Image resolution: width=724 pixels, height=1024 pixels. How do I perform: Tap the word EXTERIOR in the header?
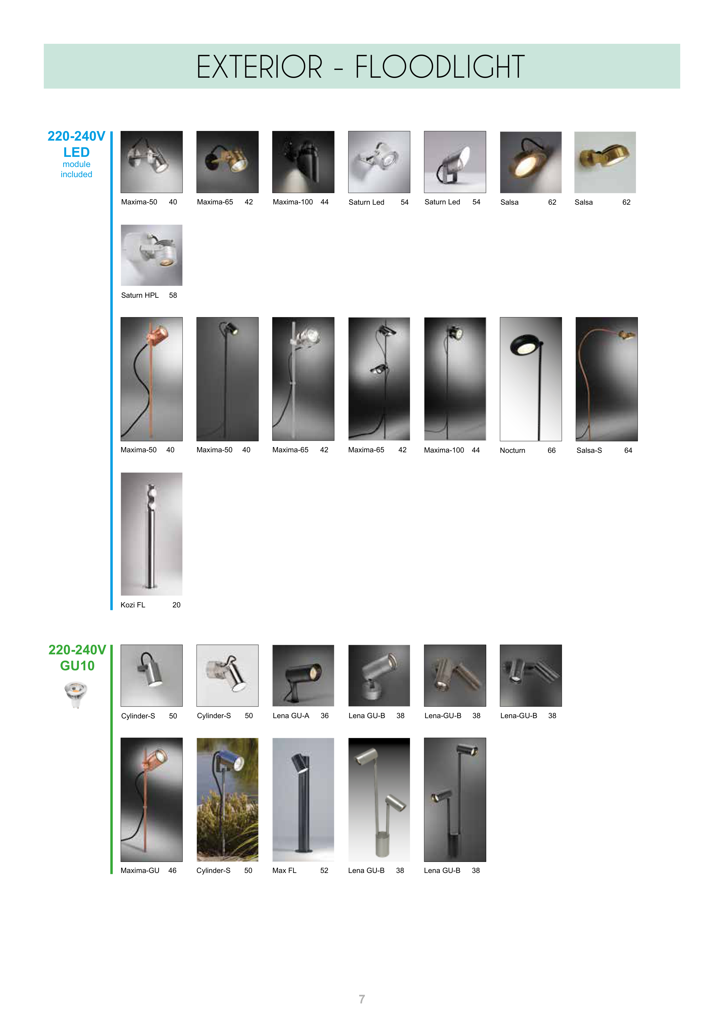coord(259,67)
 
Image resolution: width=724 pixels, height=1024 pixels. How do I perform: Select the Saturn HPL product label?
coord(140,295)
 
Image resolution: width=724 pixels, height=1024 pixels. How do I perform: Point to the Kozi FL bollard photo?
coord(152,534)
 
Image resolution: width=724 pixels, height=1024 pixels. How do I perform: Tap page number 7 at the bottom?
coord(362,999)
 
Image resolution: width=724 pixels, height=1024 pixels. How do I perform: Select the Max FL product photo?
coord(303,799)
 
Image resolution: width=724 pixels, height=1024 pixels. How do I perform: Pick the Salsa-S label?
coord(589,451)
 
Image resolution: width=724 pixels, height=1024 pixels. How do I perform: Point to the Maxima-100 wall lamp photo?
coord(303,162)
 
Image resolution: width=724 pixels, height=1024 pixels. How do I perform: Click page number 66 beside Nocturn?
coord(551,451)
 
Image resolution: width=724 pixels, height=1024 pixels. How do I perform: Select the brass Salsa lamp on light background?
coord(605,162)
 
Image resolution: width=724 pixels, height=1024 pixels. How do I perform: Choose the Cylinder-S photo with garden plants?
coord(228,799)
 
